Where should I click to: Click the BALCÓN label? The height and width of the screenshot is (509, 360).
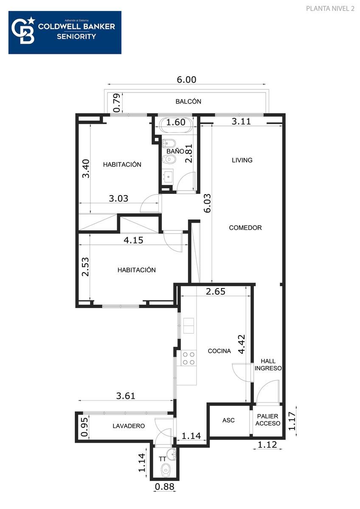pyautogui.click(x=188, y=101)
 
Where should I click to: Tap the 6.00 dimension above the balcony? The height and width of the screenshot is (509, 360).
pyautogui.click(x=186, y=80)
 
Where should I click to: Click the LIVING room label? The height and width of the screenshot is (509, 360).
pyautogui.click(x=242, y=160)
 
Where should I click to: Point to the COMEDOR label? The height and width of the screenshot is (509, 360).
pyautogui.click(x=245, y=228)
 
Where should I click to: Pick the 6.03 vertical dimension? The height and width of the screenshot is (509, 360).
pyautogui.click(x=207, y=203)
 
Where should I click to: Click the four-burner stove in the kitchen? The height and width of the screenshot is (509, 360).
pyautogui.click(x=189, y=358)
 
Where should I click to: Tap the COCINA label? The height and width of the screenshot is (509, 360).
pyautogui.click(x=219, y=351)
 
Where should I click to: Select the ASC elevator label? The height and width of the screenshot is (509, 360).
pyautogui.click(x=228, y=420)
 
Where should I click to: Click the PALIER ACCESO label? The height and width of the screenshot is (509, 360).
pyautogui.click(x=268, y=420)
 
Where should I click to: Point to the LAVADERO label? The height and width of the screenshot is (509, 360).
pyautogui.click(x=129, y=426)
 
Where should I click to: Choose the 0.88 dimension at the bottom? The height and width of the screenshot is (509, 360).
pyautogui.click(x=164, y=487)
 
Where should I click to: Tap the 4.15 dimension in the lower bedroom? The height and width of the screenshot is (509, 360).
pyautogui.click(x=133, y=240)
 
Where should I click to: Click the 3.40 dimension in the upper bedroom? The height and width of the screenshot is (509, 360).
pyautogui.click(x=86, y=169)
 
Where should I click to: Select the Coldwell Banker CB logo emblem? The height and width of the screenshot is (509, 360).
pyautogui.click(x=23, y=31)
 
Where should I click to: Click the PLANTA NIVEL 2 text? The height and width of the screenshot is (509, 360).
pyautogui.click(x=330, y=8)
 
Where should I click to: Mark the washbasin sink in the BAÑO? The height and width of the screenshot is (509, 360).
pyautogui.click(x=168, y=176)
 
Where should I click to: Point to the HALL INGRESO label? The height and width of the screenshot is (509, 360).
pyautogui.click(x=268, y=364)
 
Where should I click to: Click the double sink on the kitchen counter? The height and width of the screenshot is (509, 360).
pyautogui.click(x=189, y=326)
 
